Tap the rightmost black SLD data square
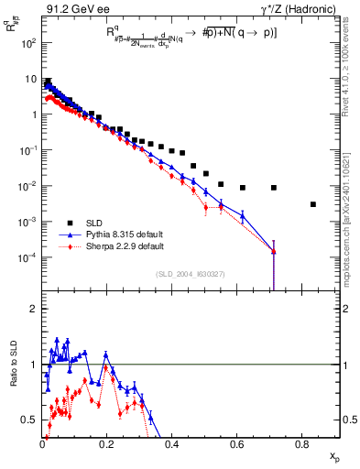pyautogui.click(x=313, y=204)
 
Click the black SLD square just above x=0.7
pyautogui.click(x=274, y=188)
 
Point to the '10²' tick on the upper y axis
pyautogui.click(x=29, y=43)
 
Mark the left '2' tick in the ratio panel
pyautogui.click(x=35, y=309)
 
